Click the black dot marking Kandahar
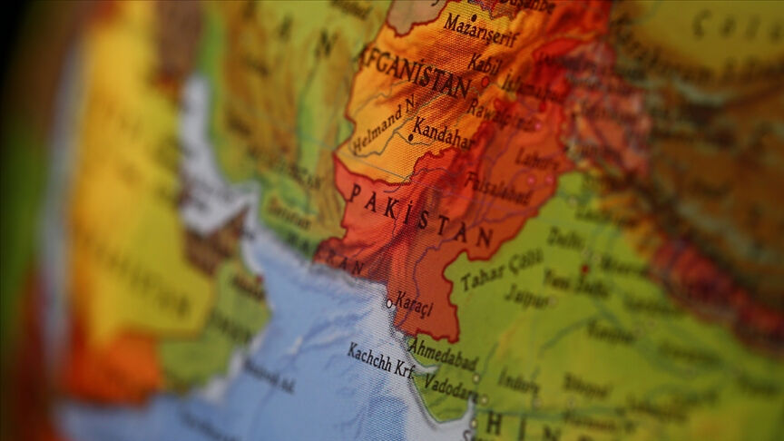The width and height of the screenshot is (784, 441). pyautogui.click(x=411, y=138)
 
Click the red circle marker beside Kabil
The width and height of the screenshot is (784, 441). pyautogui.click(x=485, y=81)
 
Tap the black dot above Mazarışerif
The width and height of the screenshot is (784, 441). pyautogui.click(x=474, y=16)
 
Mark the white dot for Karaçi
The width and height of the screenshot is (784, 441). pyautogui.click(x=390, y=303)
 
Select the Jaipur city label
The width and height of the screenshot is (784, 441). pyautogui.click(x=526, y=297)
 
